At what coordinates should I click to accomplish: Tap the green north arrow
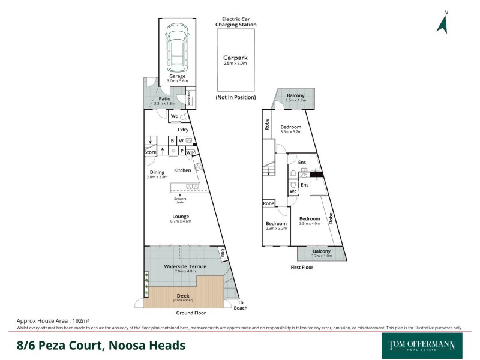(x=443, y=24)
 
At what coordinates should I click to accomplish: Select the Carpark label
(x=236, y=59)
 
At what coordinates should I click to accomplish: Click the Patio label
(x=164, y=98)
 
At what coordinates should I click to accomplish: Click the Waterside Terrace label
(x=185, y=266)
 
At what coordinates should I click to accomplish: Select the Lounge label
(x=181, y=217)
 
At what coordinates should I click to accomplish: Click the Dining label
(x=157, y=172)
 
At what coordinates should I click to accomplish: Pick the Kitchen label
(x=182, y=170)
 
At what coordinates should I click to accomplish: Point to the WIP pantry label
(x=191, y=152)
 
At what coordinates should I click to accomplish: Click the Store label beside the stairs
(x=150, y=152)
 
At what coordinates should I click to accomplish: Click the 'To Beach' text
(x=241, y=305)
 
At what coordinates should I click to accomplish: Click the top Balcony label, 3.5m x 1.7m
(x=295, y=95)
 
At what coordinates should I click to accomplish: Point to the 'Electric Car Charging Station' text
(x=236, y=22)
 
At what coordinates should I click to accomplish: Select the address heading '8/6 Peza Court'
(x=100, y=346)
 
